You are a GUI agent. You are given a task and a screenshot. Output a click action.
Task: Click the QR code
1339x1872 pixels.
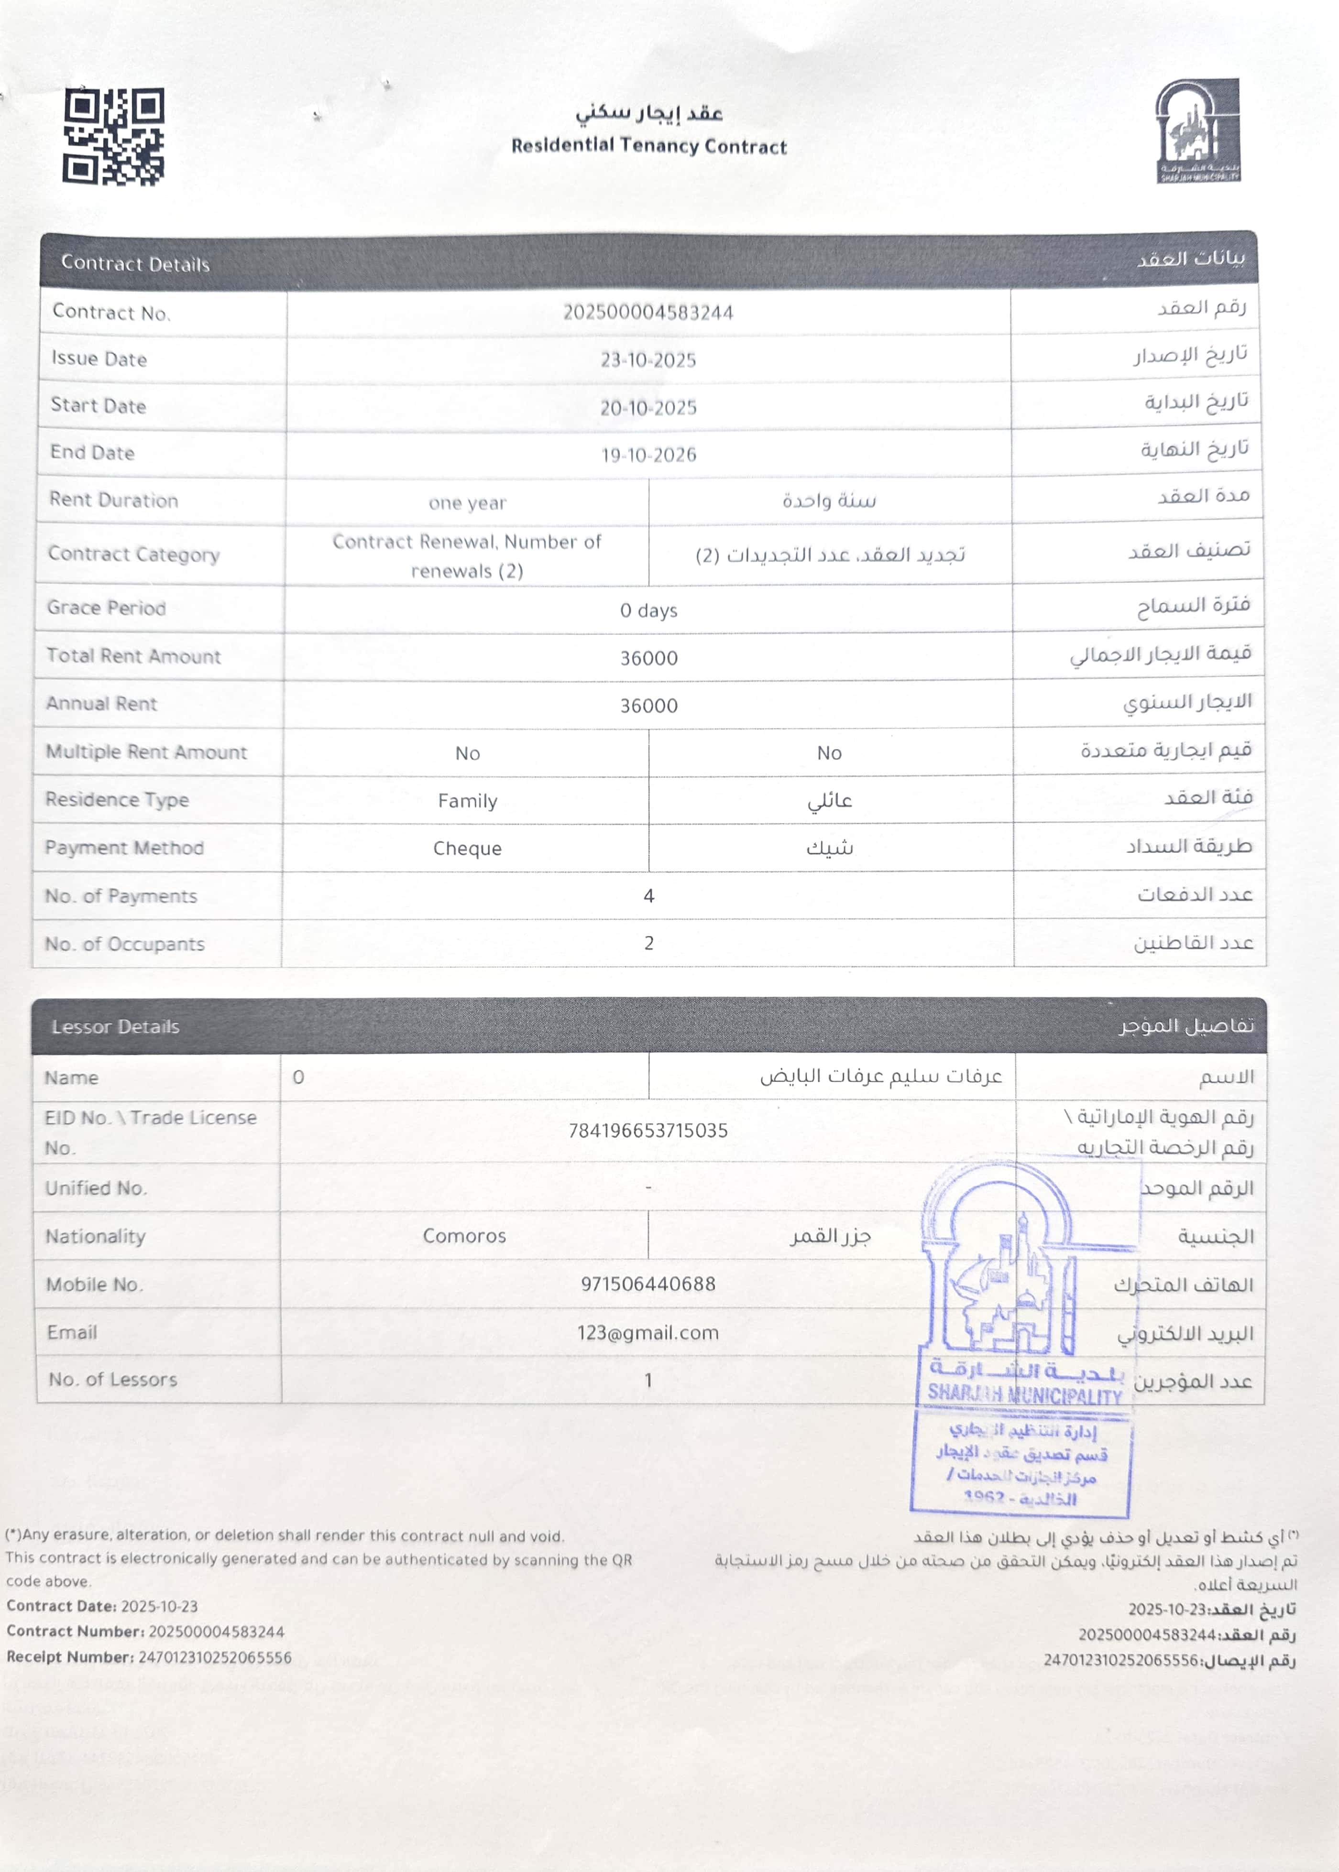tap(114, 137)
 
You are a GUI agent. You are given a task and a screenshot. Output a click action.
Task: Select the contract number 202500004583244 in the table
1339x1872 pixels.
tap(648, 313)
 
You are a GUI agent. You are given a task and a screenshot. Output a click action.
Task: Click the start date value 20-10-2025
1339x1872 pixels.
tap(648, 407)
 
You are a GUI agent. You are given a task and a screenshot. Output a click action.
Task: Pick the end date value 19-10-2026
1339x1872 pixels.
tap(648, 454)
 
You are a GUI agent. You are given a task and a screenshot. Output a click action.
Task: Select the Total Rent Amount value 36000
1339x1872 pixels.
tap(648, 658)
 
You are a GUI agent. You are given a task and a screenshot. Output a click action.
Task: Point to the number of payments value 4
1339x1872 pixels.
tap(648, 896)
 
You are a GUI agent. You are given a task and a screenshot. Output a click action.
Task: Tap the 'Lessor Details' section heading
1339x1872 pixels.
tap(115, 1026)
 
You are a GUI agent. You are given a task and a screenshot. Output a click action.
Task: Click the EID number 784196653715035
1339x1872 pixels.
tap(648, 1130)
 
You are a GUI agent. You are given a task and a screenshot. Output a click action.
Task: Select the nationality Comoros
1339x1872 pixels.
tap(464, 1236)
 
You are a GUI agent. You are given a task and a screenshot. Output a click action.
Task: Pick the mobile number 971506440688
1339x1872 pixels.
tap(648, 1284)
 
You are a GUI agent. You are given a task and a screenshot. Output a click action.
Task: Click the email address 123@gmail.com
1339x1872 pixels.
tap(648, 1332)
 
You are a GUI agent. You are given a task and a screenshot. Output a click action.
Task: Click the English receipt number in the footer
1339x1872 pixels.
tap(214, 1657)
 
